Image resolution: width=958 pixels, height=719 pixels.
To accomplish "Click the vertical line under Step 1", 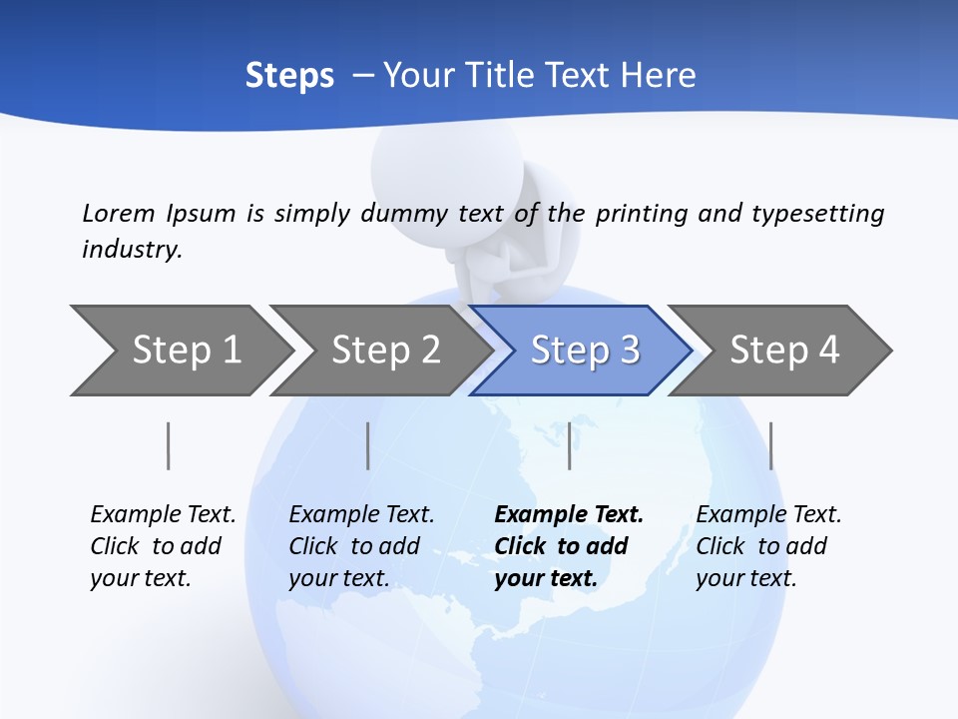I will coord(169,445).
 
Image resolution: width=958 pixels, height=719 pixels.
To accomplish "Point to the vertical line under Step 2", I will coord(368,445).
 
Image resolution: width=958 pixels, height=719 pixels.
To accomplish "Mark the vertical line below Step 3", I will coord(569,445).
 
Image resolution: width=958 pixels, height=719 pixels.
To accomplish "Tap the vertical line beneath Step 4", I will coord(771,445).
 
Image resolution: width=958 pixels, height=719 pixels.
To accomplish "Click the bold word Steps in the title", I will coord(289,76).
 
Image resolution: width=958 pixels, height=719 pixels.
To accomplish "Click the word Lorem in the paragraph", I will coord(118,213).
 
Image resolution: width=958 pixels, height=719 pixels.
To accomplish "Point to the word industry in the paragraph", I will coord(131,250).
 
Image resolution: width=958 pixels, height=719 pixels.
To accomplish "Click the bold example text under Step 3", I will coord(568,546).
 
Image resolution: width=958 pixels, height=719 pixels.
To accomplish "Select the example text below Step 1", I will coord(163,546).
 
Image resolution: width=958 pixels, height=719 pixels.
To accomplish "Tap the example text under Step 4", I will coord(767,546).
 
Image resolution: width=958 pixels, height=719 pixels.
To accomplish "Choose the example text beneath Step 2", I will coord(361,546).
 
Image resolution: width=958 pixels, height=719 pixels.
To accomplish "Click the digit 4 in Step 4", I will coord(829,351).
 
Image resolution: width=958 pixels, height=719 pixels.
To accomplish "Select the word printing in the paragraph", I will coord(638,213).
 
